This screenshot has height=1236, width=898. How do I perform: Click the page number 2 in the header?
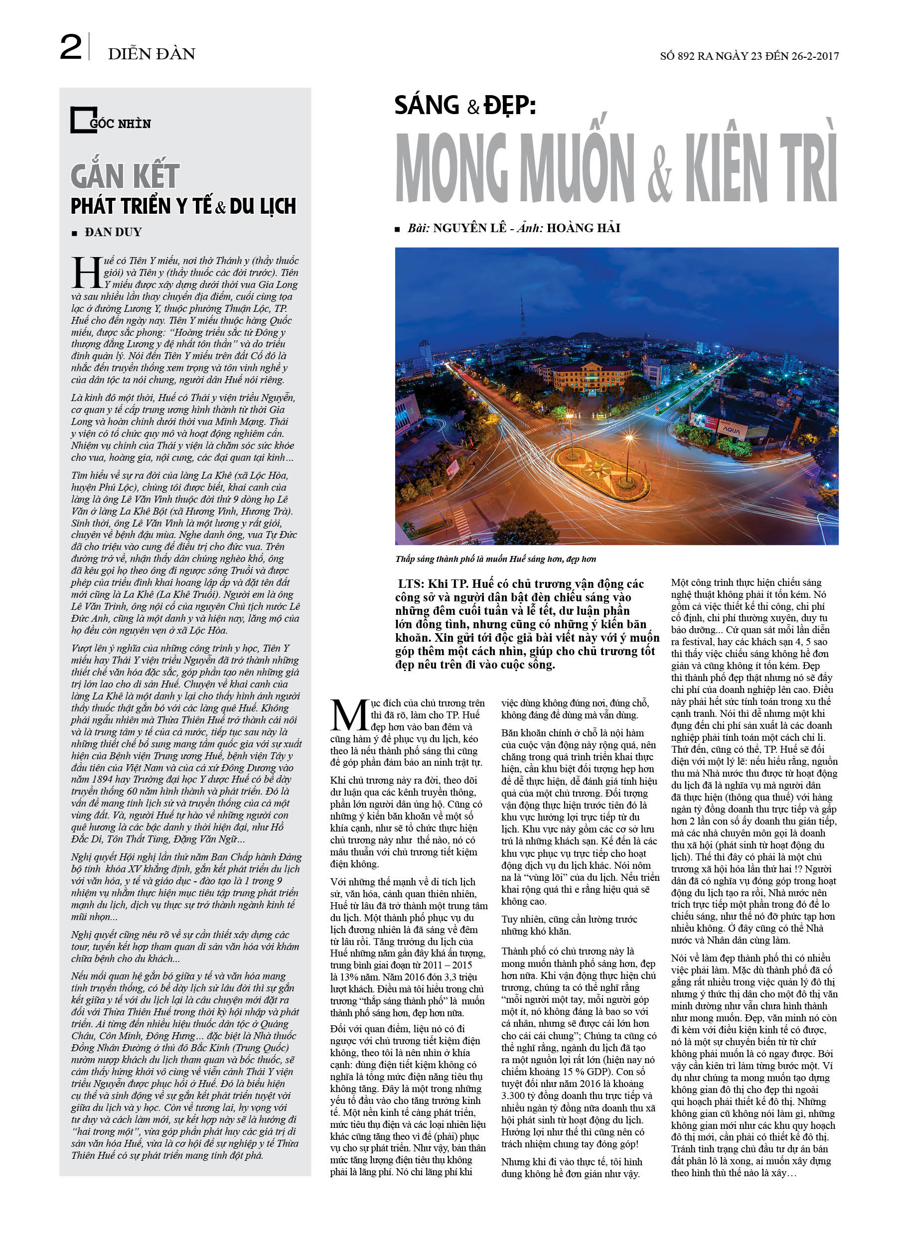70,47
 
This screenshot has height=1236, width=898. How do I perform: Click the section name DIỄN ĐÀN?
151,54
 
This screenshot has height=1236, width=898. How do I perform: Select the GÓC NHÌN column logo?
111,121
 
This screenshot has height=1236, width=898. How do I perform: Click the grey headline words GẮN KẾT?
125,176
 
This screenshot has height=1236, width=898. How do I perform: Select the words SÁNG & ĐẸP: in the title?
465,105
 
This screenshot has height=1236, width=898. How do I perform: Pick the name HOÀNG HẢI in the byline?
584,228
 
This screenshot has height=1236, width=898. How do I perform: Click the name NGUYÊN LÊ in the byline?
469,228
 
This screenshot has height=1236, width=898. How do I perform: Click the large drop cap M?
349,714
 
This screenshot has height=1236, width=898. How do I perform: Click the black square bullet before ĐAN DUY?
75,233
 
